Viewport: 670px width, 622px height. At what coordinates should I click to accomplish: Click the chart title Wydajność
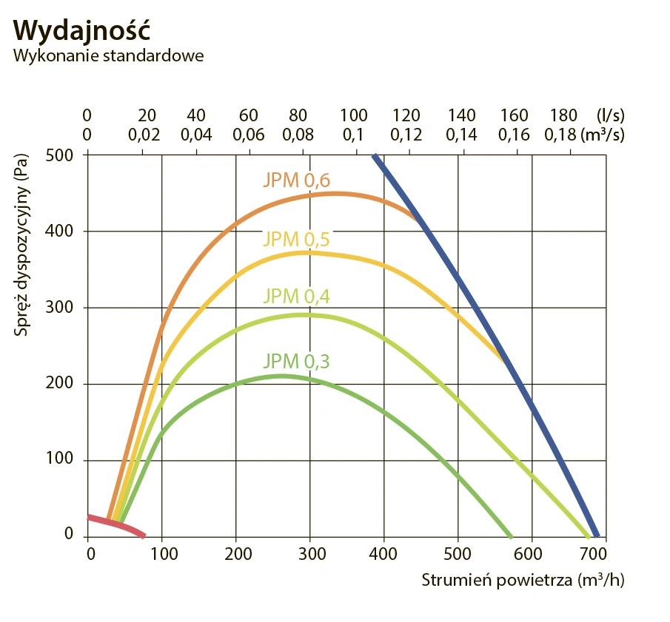[82, 30]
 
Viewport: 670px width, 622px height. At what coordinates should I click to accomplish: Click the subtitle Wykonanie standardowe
[108, 56]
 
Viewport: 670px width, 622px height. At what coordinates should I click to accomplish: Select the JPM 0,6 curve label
[296, 180]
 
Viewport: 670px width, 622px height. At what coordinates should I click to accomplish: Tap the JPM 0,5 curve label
[296, 239]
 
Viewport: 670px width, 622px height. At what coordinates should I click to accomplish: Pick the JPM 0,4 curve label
[296, 297]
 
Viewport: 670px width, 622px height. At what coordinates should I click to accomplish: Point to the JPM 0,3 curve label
[296, 361]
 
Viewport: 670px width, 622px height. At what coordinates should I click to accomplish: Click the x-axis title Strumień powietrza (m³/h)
[523, 579]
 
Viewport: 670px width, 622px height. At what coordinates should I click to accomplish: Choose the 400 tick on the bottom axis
[384, 554]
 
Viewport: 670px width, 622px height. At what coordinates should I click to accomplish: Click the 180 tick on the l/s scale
[563, 115]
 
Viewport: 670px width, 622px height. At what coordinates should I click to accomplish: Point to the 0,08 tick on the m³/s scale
[298, 135]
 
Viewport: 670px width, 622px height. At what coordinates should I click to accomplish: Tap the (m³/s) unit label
[605, 135]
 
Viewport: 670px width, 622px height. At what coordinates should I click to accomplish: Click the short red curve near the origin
[118, 524]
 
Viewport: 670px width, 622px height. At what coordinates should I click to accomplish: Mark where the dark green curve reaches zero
[510, 535]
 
